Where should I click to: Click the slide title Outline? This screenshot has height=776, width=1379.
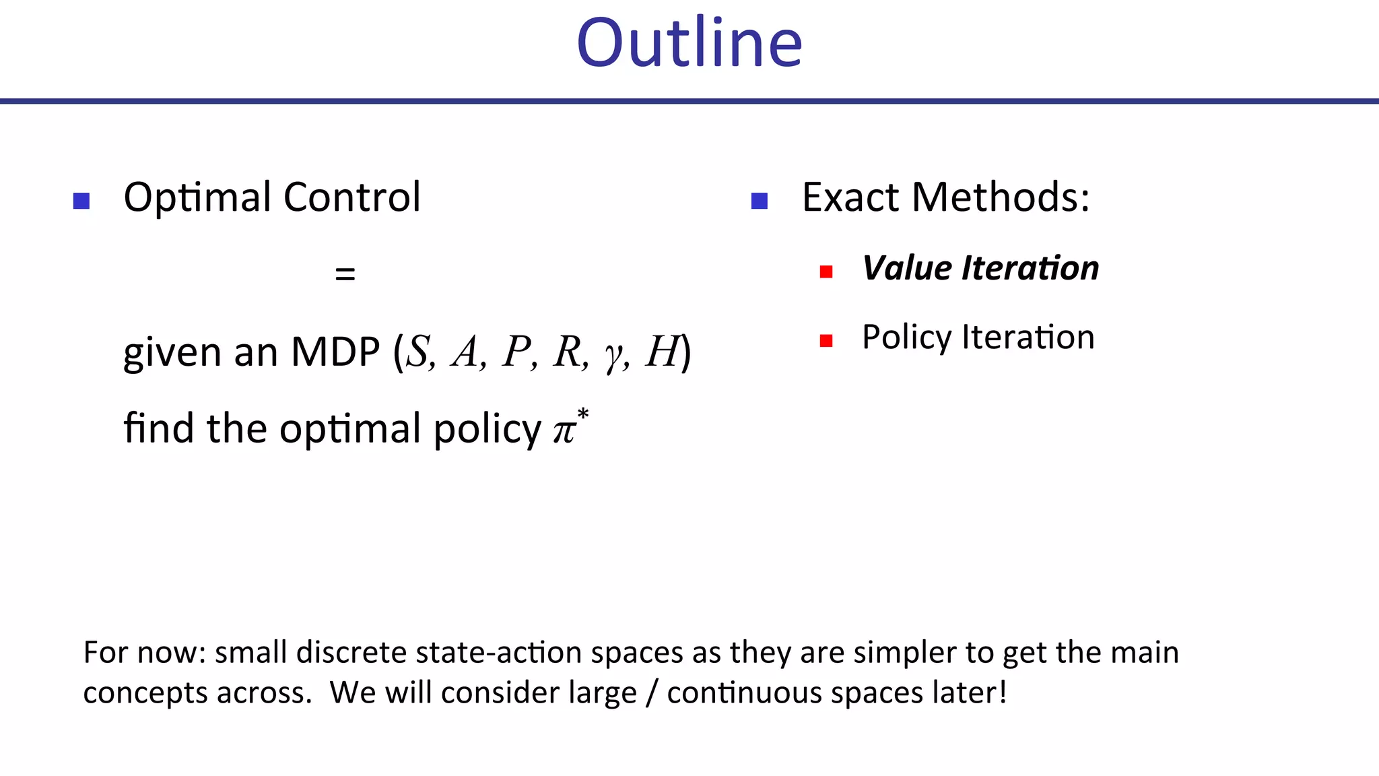pos(689,44)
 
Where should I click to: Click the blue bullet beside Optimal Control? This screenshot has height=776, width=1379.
pos(81,201)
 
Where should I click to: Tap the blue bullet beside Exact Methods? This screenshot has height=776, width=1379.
pos(760,201)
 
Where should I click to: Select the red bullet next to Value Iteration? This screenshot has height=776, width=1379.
pos(826,271)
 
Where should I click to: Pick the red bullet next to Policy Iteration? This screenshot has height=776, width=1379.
pos(826,341)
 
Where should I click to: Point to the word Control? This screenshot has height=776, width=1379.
pos(351,197)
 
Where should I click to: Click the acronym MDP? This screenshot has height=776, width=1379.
pos(335,352)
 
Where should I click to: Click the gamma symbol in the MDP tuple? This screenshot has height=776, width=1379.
pos(613,356)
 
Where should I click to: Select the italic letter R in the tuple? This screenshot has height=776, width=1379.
pos(568,352)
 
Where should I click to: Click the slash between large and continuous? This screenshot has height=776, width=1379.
pos(651,693)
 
